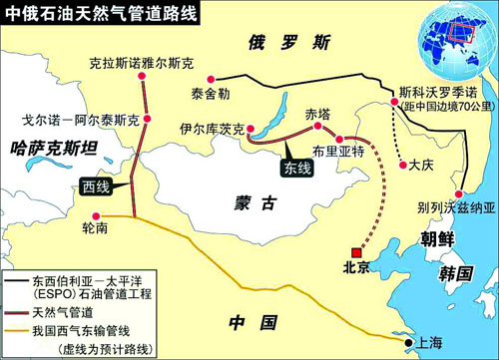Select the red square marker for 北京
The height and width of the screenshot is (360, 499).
pyautogui.click(x=352, y=252)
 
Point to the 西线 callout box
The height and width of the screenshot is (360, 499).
pyautogui.click(x=96, y=187)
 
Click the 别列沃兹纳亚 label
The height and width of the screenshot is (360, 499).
pyautogui.click(x=455, y=208)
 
